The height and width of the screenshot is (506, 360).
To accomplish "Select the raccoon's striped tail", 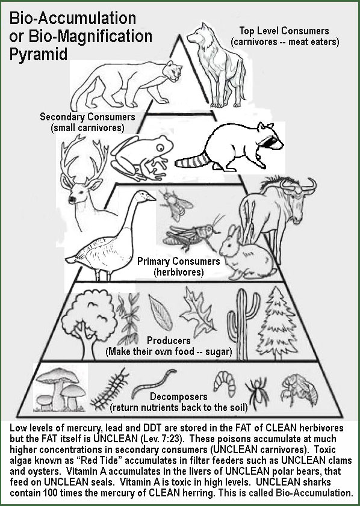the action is pyautogui.click(x=192, y=161).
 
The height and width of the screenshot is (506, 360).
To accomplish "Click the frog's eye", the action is pyautogui.click(x=161, y=148).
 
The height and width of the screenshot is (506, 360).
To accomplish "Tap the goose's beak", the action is pyautogui.click(x=151, y=197).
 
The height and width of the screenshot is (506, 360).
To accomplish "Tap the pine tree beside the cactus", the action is pyautogui.click(x=277, y=322).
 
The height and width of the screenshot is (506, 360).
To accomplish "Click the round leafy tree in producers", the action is pyautogui.click(x=88, y=322).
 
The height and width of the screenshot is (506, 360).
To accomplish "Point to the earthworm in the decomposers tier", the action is pyautogui.click(x=154, y=383).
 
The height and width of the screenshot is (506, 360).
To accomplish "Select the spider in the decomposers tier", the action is pyautogui.click(x=256, y=391).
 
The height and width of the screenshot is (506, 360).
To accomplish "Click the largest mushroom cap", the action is pyautogui.click(x=57, y=376).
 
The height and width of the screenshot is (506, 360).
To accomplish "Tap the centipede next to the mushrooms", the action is pyautogui.click(x=109, y=389).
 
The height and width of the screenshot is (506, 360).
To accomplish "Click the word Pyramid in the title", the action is pyautogui.click(x=39, y=54).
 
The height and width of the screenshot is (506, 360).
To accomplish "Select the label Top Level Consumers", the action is pyautogui.click(x=284, y=31).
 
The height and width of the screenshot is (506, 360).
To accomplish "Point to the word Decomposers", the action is pyautogui.click(x=179, y=396).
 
